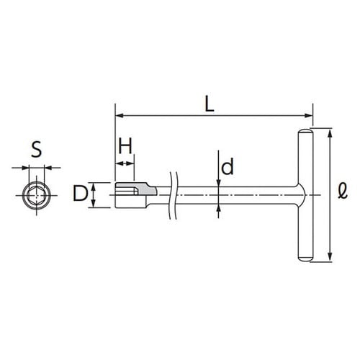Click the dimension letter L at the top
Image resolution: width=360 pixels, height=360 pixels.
click(210, 104)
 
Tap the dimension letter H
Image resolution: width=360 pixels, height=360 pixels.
click(125, 146)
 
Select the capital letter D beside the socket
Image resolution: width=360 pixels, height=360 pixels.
click(80, 193)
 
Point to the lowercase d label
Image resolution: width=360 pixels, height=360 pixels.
click(228, 166)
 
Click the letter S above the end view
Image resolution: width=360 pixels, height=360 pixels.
click(37, 149)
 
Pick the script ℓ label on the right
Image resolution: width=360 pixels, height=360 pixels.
click(343, 192)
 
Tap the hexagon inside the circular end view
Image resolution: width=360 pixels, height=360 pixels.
click(36, 195)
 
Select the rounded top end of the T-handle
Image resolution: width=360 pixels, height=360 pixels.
click(306, 132)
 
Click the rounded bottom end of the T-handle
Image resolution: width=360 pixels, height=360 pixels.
click(306, 259)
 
